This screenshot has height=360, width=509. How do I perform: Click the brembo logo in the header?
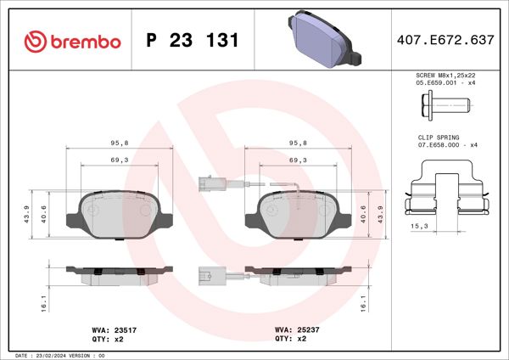pos(72,41)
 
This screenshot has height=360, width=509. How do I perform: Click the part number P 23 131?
pos(192,41)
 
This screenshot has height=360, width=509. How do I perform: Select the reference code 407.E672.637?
pos(445,40)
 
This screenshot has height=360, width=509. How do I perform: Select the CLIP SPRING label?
pos(438,137)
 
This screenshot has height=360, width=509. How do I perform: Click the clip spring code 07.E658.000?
pos(442,145)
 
